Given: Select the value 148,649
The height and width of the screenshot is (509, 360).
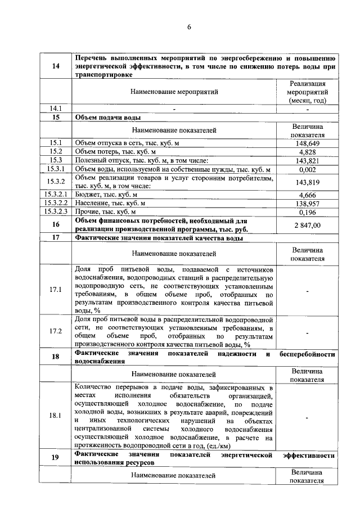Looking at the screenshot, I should pyautogui.click(x=307, y=143).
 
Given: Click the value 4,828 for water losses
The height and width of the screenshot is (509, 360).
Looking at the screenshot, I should pyautogui.click(x=307, y=152).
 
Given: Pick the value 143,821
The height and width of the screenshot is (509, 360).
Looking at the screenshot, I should pyautogui.click(x=307, y=161).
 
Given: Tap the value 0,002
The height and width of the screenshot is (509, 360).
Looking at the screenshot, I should pyautogui.click(x=307, y=169).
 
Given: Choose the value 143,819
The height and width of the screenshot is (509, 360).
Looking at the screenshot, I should pyautogui.click(x=307, y=182).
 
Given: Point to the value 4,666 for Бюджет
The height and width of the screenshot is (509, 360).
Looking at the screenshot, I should pyautogui.click(x=307, y=195).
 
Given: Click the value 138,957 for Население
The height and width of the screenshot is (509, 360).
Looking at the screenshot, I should pyautogui.click(x=307, y=203).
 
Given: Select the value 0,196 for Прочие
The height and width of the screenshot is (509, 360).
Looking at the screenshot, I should pyautogui.click(x=307, y=212).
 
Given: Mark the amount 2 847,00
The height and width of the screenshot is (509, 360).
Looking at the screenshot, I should pyautogui.click(x=307, y=225).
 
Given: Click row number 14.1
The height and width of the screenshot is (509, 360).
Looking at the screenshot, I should pyautogui.click(x=56, y=109).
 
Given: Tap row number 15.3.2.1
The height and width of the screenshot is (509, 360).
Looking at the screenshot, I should pyautogui.click(x=56, y=195).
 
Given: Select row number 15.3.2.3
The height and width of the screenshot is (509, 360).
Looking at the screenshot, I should pyautogui.click(x=56, y=212).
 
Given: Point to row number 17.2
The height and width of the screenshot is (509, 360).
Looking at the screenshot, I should pyautogui.click(x=56, y=331).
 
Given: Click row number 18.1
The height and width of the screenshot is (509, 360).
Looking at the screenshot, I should pyautogui.click(x=56, y=416).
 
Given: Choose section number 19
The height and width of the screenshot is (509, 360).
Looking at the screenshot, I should pyautogui.click(x=56, y=457).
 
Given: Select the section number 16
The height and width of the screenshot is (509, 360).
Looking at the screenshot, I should pyautogui.click(x=56, y=225).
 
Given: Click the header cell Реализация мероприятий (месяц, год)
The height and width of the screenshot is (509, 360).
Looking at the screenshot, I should pyautogui.click(x=307, y=92).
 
